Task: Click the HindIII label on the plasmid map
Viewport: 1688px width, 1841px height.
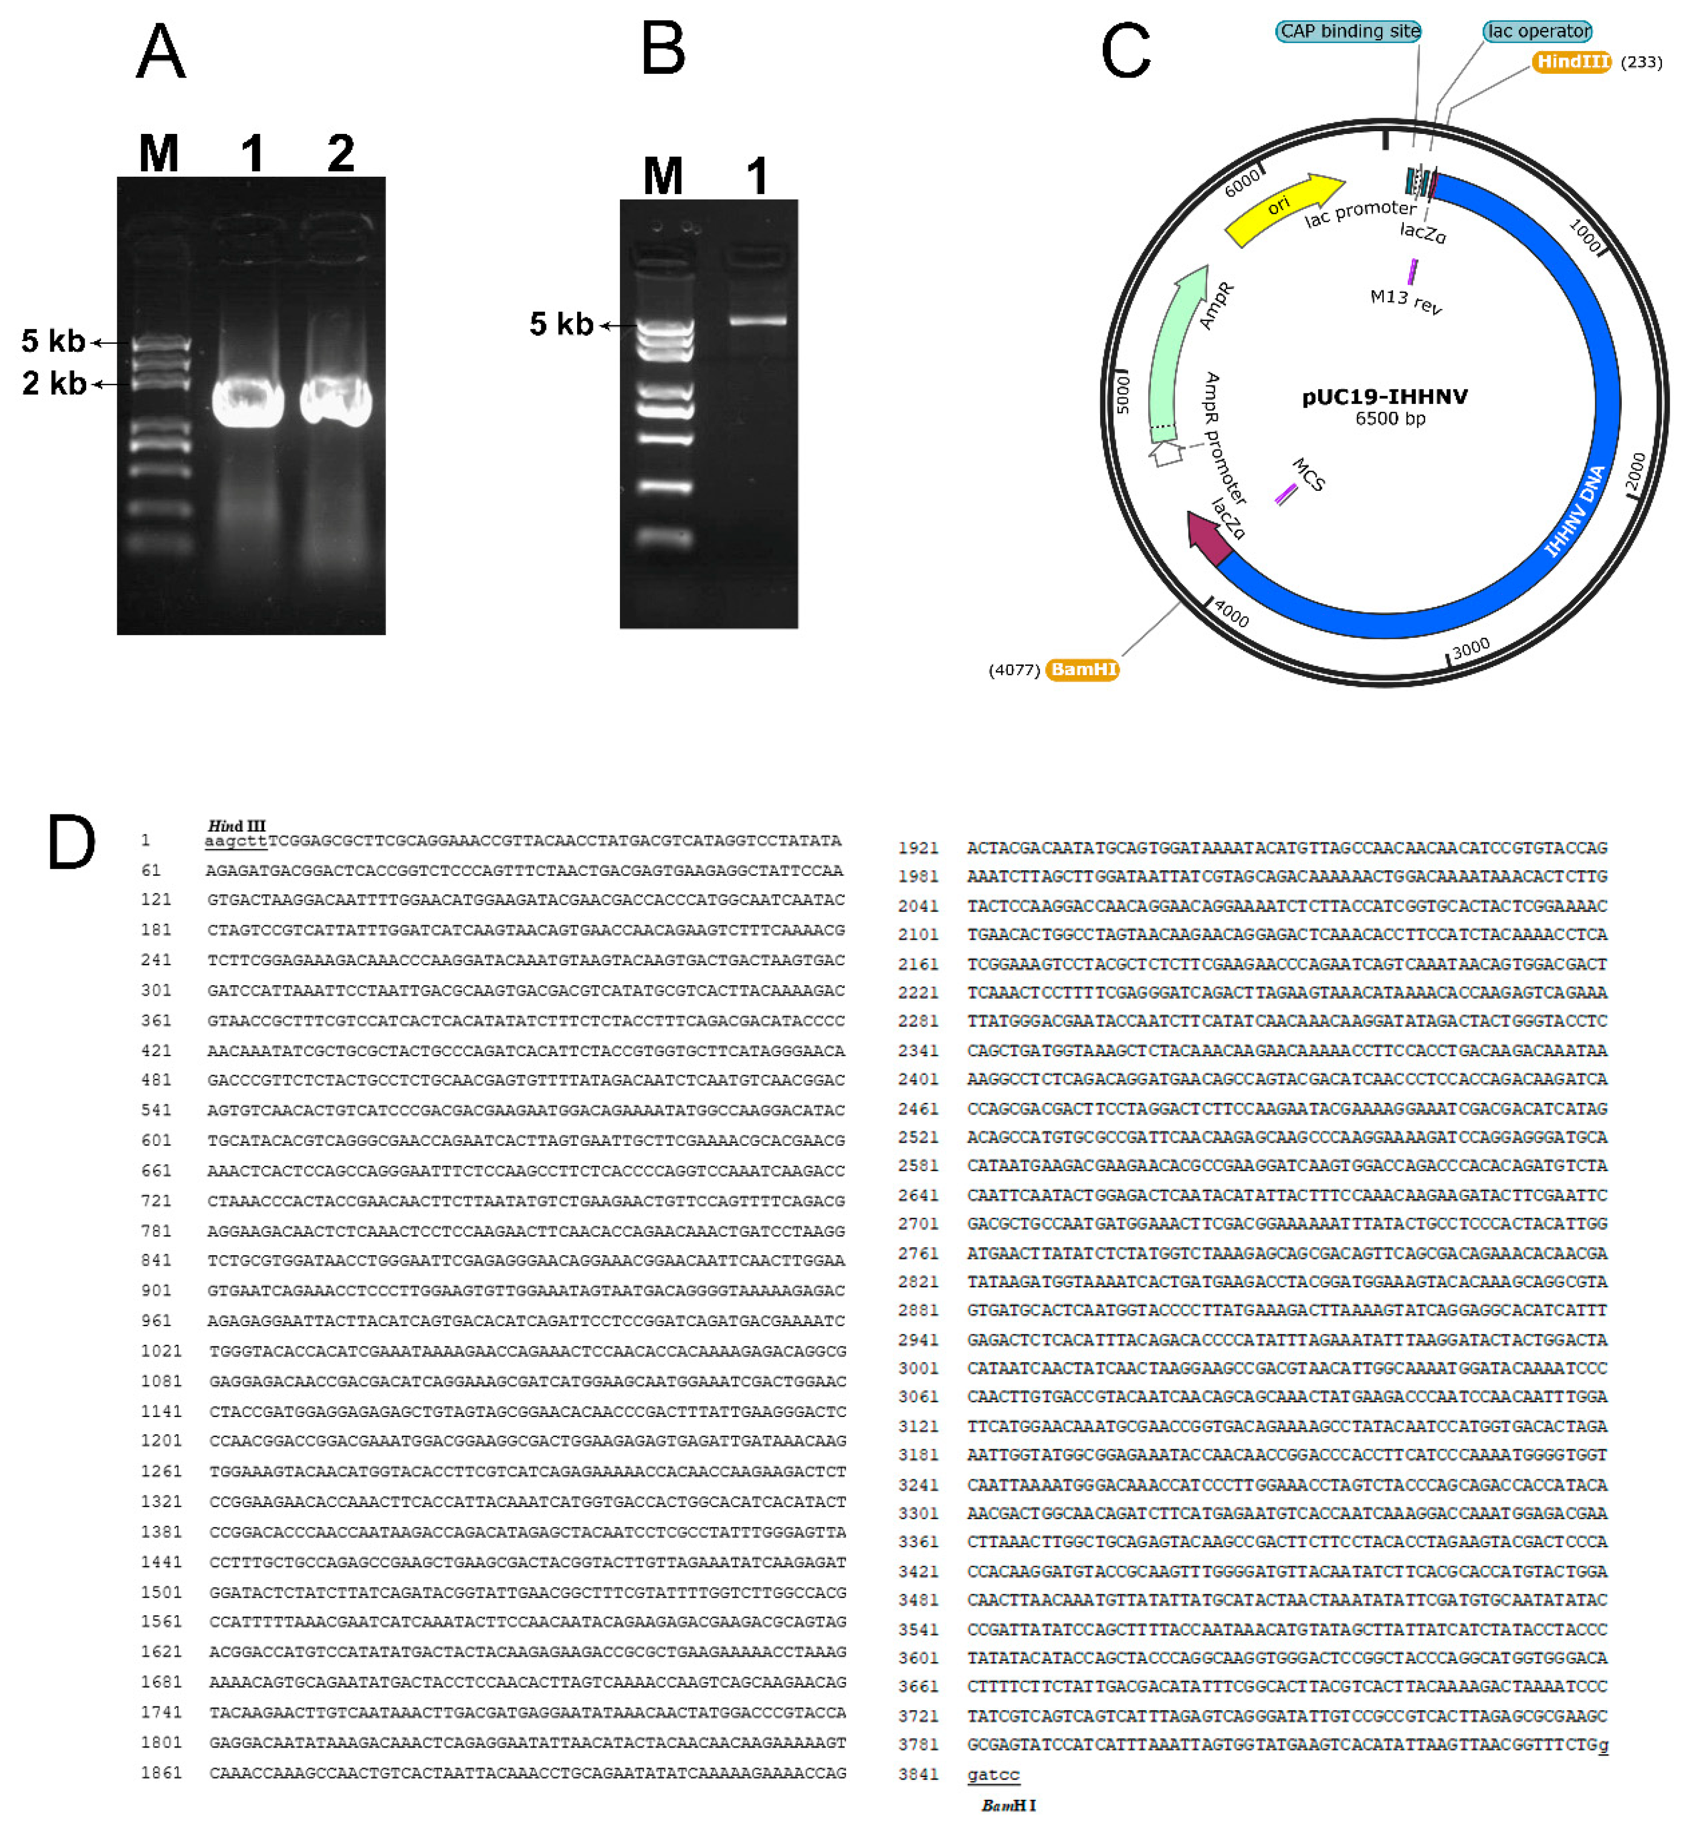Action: pyautogui.click(x=1571, y=62)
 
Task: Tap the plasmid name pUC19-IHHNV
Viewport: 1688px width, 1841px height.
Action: pyautogui.click(x=1385, y=396)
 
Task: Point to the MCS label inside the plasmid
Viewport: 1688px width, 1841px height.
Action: pyautogui.click(x=1308, y=475)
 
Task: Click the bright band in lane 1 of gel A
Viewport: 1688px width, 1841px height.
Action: pyautogui.click(x=247, y=402)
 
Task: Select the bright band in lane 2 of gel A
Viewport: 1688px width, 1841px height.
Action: pyautogui.click(x=336, y=402)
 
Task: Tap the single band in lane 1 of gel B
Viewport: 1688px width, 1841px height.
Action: pyautogui.click(x=757, y=320)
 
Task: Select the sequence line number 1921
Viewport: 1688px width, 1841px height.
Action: pyautogui.click(x=918, y=848)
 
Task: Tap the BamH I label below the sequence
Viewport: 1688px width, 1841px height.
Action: pyautogui.click(x=1008, y=1805)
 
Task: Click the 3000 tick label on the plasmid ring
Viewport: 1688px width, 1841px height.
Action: pyautogui.click(x=1470, y=649)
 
